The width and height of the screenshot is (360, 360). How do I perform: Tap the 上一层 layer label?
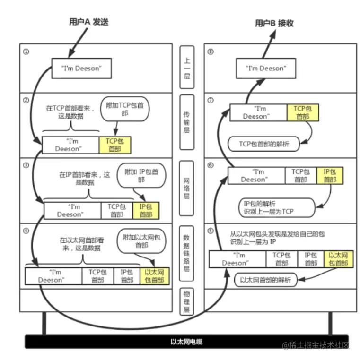(187, 66)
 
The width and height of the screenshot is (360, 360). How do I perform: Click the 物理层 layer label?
(187, 302)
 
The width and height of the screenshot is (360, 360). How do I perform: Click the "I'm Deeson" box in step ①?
(81, 69)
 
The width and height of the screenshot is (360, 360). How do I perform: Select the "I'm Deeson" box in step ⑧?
(266, 69)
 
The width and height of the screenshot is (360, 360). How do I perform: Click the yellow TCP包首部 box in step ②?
(114, 145)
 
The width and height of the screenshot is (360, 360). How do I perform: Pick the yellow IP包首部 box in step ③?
(146, 210)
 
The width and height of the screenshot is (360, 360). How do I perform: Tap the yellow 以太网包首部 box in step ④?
(155, 276)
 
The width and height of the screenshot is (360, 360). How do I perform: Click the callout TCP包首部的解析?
(264, 144)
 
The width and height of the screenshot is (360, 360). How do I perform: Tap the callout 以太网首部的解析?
(265, 280)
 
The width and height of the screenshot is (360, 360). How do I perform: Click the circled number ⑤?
(211, 231)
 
